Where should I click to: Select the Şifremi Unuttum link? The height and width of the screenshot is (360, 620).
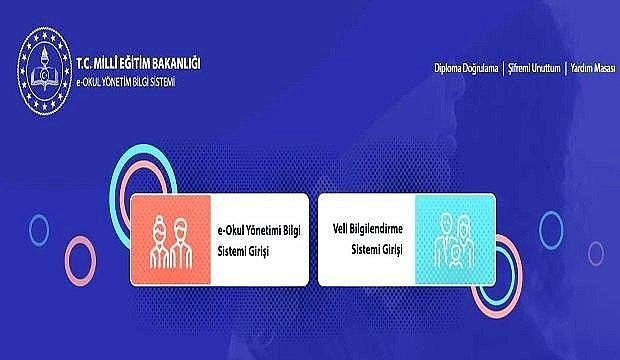coord(532,68)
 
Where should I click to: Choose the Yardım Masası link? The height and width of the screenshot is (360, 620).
coord(591,68)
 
